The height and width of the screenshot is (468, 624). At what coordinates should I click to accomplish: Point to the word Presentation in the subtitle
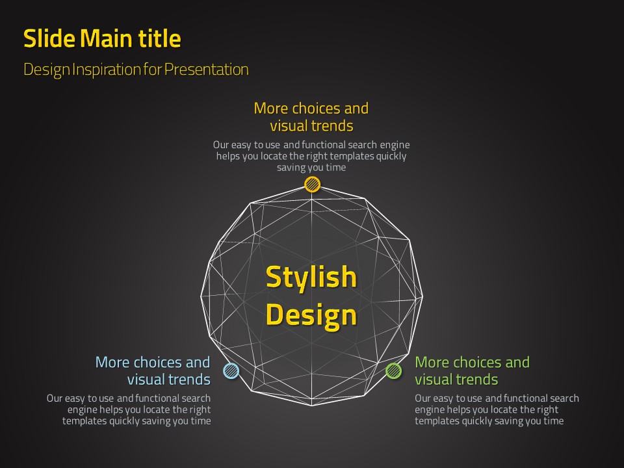pyautogui.click(x=207, y=70)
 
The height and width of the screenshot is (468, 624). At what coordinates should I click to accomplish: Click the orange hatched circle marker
pyautogui.click(x=313, y=184)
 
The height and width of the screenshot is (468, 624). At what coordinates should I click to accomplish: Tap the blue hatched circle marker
pyautogui.click(x=231, y=371)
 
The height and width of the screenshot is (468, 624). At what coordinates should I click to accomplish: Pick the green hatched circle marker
pyautogui.click(x=394, y=371)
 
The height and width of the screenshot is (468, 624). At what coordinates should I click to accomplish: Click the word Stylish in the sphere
pyautogui.click(x=311, y=278)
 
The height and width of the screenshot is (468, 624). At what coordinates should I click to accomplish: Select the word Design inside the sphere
pyautogui.click(x=311, y=315)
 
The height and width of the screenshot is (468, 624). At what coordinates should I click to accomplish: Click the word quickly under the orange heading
pyautogui.click(x=391, y=156)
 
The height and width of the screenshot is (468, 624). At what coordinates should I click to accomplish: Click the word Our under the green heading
pyautogui.click(x=422, y=398)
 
